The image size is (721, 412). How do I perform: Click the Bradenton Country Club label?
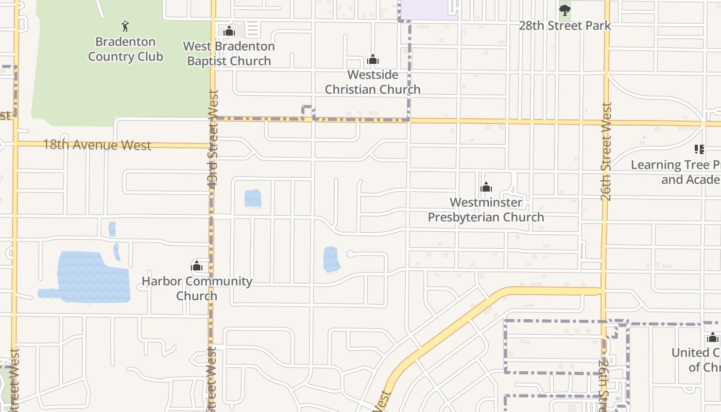tap(125, 49)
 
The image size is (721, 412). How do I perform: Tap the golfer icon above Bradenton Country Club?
tap(125, 26)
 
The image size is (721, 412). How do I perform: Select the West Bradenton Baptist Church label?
tap(229, 54)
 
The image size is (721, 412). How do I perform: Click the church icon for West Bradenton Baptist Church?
tap(229, 31)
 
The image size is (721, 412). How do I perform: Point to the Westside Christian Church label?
tap(372, 82)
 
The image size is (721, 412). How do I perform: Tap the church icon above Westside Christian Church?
tap(373, 60)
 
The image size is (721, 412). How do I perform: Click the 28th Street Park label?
tap(564, 26)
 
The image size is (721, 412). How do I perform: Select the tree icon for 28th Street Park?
tap(565, 10)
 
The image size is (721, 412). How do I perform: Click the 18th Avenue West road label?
tap(97, 145)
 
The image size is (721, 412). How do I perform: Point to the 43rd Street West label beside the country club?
tap(214, 138)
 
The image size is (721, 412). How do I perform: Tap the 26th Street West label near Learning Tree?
tap(606, 151)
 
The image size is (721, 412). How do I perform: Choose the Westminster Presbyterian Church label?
tap(486, 210)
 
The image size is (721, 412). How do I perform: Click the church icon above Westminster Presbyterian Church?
tap(486, 187)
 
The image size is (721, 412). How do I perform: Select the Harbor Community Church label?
tap(197, 288)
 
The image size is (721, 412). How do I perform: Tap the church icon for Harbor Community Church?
tap(197, 266)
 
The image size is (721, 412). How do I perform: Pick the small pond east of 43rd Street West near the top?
tap(253, 198)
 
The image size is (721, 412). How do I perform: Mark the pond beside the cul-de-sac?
tap(331, 259)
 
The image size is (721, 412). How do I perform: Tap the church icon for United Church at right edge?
tap(713, 338)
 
